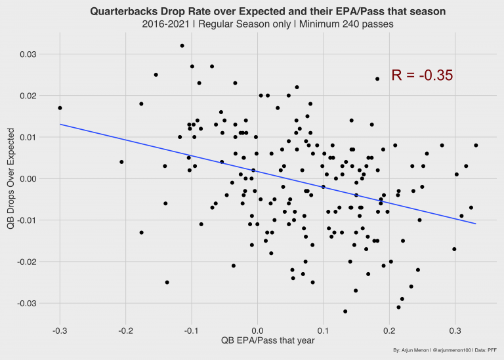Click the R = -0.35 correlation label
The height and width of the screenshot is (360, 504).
[422, 75]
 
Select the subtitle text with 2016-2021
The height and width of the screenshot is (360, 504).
[267, 24]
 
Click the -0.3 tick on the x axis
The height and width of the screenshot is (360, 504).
[59, 329]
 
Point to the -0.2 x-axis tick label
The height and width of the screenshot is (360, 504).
[125, 329]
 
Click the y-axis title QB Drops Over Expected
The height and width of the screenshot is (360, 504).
[11, 178]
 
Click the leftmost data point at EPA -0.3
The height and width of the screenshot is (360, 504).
[60, 108]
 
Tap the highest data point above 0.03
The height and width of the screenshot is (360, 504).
[182, 46]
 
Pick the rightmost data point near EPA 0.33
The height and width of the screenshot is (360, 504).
[476, 146]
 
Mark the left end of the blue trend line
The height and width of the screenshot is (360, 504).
[60, 124]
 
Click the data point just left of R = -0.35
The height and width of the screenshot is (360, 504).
[377, 79]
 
